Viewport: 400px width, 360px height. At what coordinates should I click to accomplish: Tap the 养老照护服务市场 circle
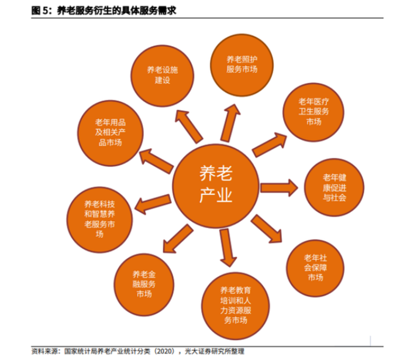pos(242,64)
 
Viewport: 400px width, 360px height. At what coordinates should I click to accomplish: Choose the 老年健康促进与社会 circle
pos(334,187)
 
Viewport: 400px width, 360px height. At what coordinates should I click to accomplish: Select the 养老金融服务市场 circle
pos(143,284)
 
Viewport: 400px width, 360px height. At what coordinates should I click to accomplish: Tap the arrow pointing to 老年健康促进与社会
pos(280,187)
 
